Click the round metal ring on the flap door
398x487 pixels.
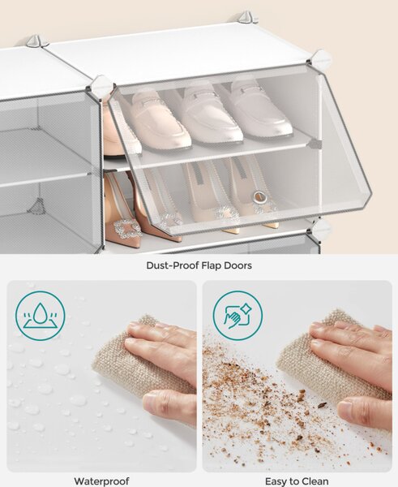(x=259, y=197)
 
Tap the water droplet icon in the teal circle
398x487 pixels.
(x=41, y=316)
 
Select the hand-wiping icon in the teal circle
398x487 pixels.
(x=238, y=316)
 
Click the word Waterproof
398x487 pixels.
(x=101, y=481)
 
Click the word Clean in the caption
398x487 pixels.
(x=313, y=481)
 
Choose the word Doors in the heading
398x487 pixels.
(x=238, y=265)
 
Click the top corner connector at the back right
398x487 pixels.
(x=246, y=17)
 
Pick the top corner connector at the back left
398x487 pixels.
(x=34, y=41)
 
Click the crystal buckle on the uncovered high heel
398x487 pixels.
(x=126, y=228)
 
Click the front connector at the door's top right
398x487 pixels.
(x=319, y=59)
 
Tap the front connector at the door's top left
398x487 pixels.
(x=101, y=86)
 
